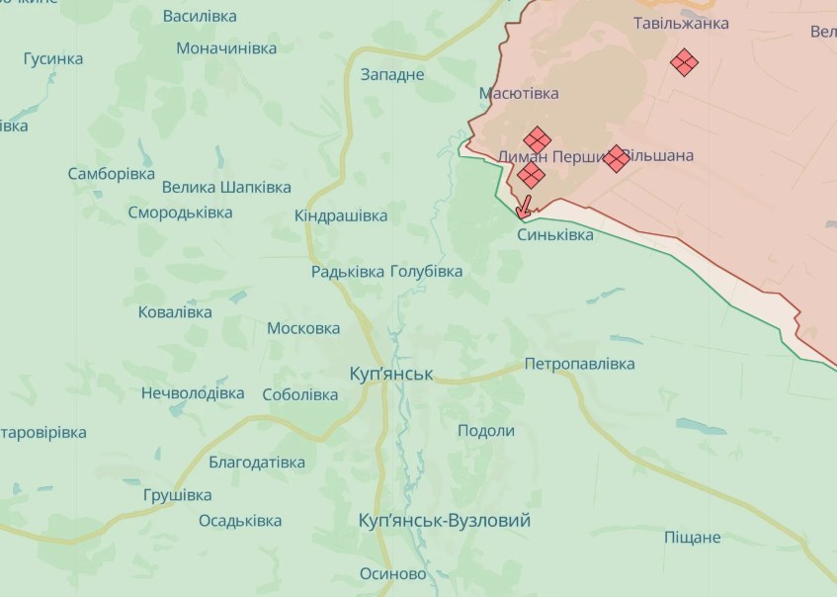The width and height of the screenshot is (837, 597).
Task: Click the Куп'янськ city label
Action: (x=391, y=375)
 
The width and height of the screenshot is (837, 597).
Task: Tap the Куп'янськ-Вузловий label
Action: (x=445, y=521)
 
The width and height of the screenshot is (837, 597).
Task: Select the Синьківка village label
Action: (x=555, y=235)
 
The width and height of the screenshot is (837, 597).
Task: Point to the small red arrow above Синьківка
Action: (x=525, y=206)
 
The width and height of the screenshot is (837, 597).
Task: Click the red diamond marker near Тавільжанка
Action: (x=684, y=62)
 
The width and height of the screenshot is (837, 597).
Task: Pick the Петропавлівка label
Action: (x=579, y=364)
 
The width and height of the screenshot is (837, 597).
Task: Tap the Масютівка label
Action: (x=519, y=94)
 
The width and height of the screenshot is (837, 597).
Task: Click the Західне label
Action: (x=392, y=74)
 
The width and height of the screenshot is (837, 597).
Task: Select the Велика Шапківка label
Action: (x=226, y=187)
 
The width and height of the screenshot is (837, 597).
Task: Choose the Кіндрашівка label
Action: (x=341, y=215)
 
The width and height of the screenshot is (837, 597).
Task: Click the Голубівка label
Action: (x=426, y=271)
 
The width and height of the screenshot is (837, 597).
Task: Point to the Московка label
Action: (x=303, y=328)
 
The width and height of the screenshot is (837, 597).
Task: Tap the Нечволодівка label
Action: (x=193, y=392)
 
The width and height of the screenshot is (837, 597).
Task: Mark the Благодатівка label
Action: (x=257, y=462)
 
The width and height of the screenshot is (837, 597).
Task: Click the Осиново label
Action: (x=392, y=574)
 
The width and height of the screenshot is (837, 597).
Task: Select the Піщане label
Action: (x=692, y=538)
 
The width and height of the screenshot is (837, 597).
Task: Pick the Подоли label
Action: (x=486, y=431)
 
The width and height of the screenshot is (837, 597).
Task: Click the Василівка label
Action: (x=199, y=17)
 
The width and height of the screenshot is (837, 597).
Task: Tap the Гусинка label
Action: (x=53, y=59)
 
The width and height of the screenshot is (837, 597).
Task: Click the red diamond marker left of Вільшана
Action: (x=616, y=158)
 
